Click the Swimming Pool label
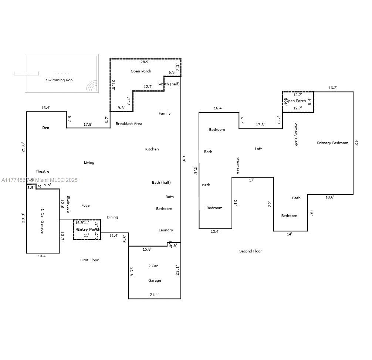[60, 80]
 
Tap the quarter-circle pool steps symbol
[92, 86]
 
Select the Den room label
[45, 128]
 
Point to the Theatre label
[42, 171]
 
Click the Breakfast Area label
[129, 124]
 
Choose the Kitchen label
[152, 149]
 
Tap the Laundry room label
[166, 230]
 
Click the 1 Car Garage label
[42, 221]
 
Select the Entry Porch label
[88, 230]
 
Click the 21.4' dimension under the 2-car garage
[154, 295]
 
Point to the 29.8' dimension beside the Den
[23, 147]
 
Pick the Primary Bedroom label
[332, 143]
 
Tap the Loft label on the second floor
[258, 149]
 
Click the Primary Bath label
[296, 134]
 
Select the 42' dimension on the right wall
[356, 143]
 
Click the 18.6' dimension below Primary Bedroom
[329, 197]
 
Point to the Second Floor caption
[250, 251]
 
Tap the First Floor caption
[89, 260]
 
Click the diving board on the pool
[26, 74]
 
